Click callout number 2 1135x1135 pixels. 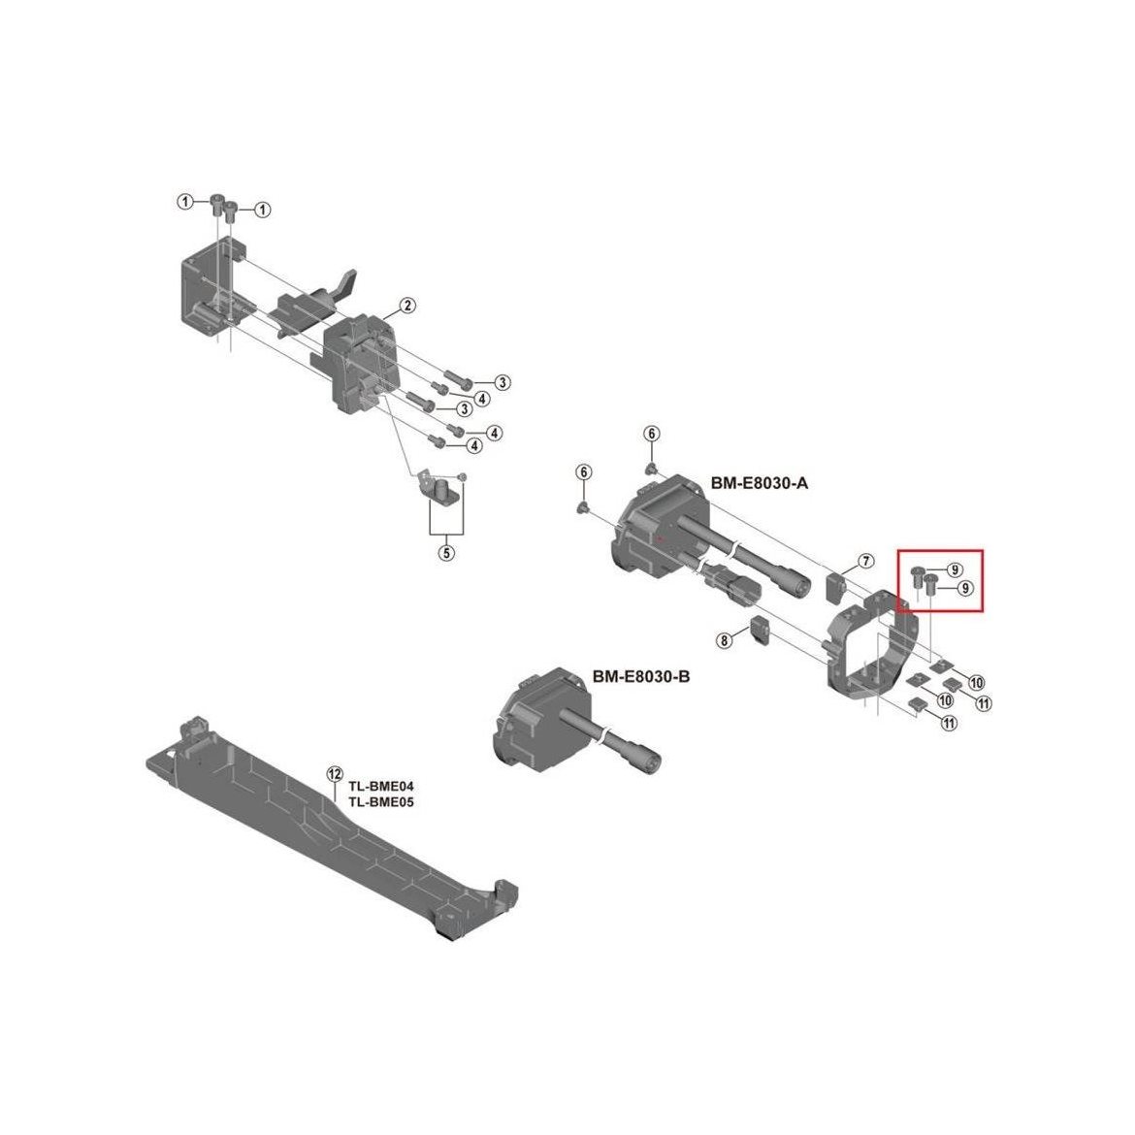click(x=407, y=306)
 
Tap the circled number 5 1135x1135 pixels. click(x=446, y=553)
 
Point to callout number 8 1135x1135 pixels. click(x=724, y=640)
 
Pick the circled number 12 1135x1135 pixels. click(x=334, y=774)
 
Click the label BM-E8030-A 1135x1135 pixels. click(x=760, y=483)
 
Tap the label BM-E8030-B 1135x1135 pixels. click(x=641, y=677)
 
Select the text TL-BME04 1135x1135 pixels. click(x=381, y=787)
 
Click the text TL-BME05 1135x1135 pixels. click(x=381, y=802)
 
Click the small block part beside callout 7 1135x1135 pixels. click(x=836, y=587)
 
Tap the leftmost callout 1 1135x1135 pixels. click(x=186, y=201)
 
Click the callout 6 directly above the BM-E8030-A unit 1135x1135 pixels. click(x=652, y=434)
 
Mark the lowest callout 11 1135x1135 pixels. click(x=948, y=723)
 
